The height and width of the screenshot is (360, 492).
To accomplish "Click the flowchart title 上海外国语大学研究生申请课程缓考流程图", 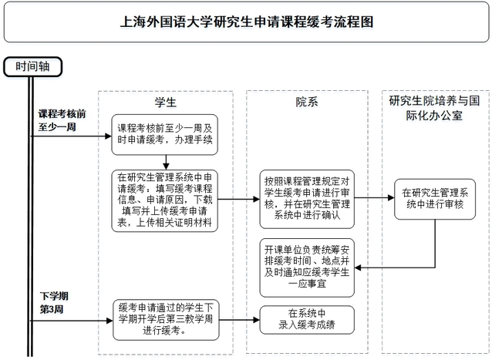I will coord(245,22).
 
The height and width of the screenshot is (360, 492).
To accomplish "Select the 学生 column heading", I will coord(166,103).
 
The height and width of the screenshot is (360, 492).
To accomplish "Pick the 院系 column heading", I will coord(306,103).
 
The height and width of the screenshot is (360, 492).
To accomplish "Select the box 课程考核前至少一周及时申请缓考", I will coord(166,136).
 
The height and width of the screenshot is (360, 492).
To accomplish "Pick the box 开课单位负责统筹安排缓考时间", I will coord(306,267).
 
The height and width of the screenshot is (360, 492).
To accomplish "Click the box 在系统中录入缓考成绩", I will coord(306,318).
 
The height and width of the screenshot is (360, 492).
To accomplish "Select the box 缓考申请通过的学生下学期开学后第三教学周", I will coord(166,318).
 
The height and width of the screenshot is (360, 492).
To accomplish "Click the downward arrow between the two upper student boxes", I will coord(166,161).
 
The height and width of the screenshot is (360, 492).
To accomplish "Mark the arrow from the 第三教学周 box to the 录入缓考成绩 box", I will coord(240,318).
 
